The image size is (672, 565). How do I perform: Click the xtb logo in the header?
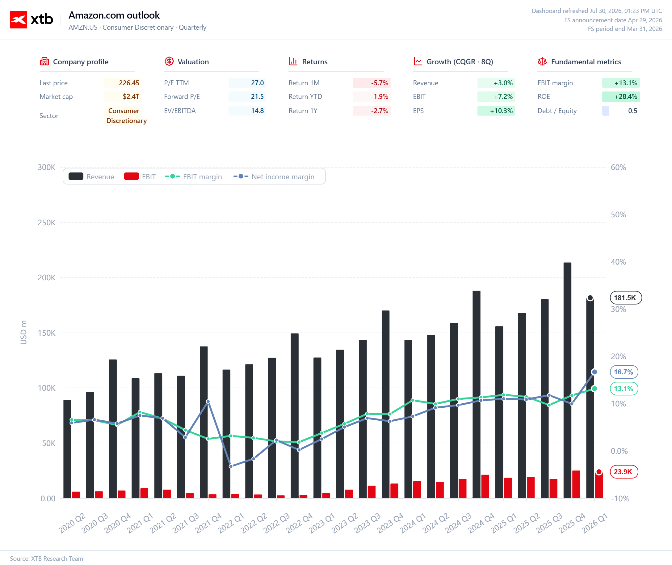(x=31, y=19)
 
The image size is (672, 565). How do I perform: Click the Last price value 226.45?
(x=129, y=83)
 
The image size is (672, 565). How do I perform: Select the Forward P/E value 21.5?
(x=257, y=96)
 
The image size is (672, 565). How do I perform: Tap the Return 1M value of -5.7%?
(x=380, y=83)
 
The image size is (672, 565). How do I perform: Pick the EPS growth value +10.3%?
(x=501, y=111)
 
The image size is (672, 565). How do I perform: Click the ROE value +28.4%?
(x=626, y=96)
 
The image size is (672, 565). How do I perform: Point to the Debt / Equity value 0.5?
(x=633, y=111)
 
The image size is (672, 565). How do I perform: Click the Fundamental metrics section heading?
(x=586, y=62)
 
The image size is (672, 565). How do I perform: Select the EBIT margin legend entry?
(x=193, y=176)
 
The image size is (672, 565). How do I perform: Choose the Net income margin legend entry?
(x=274, y=176)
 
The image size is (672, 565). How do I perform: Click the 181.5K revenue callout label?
(x=626, y=298)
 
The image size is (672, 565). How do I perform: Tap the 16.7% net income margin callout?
(x=624, y=372)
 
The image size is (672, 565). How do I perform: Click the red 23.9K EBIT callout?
(x=624, y=471)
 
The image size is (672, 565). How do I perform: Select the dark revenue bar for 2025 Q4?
(x=567, y=380)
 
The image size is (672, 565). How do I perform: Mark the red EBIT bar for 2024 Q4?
(x=485, y=486)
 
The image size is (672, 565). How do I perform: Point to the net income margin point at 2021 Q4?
(x=208, y=401)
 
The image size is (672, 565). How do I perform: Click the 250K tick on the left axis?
(x=46, y=223)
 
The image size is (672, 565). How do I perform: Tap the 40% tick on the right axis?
(x=618, y=262)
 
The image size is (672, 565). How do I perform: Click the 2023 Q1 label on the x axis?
(x=322, y=523)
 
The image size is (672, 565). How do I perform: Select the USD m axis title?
(x=24, y=333)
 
